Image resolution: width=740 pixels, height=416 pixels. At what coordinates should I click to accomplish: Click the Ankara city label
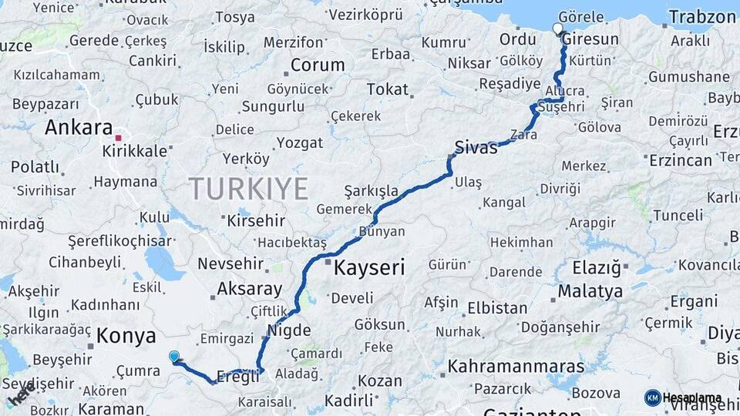point(79,127)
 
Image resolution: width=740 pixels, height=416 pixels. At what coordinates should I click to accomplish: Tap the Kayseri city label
point(369,267)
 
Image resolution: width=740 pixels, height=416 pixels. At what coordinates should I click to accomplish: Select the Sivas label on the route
point(476,148)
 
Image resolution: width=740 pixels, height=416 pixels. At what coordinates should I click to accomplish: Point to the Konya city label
point(126,336)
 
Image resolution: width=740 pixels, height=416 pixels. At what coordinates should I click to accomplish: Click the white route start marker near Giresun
point(558,29)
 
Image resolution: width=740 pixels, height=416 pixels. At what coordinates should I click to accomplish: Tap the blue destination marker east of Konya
point(174,356)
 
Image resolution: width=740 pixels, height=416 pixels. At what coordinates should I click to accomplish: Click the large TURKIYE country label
point(249,188)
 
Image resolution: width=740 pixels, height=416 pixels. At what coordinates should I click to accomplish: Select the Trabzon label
point(702,17)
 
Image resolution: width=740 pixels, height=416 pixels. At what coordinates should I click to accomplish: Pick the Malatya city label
point(590,291)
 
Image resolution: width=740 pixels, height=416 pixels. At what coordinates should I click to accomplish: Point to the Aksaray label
point(250,289)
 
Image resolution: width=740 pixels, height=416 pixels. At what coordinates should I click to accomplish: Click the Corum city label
point(317,65)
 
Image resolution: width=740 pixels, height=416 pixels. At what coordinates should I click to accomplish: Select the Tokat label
point(387,89)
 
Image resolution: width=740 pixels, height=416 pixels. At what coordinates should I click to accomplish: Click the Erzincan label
point(681,159)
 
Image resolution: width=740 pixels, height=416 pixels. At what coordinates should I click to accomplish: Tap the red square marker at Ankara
point(118,138)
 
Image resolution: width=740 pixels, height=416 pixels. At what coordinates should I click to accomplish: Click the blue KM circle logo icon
point(652,398)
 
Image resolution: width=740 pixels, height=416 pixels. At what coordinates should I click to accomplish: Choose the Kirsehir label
point(256,220)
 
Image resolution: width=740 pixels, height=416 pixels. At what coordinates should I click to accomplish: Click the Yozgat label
point(300,143)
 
